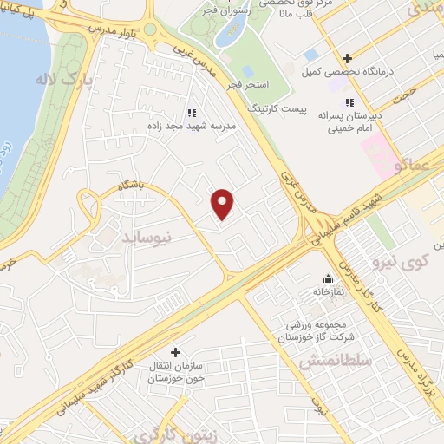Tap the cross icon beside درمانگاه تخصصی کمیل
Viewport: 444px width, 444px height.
point(347,59)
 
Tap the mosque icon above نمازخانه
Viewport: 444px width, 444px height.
point(328,279)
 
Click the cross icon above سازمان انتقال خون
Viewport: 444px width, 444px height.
point(177,353)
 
